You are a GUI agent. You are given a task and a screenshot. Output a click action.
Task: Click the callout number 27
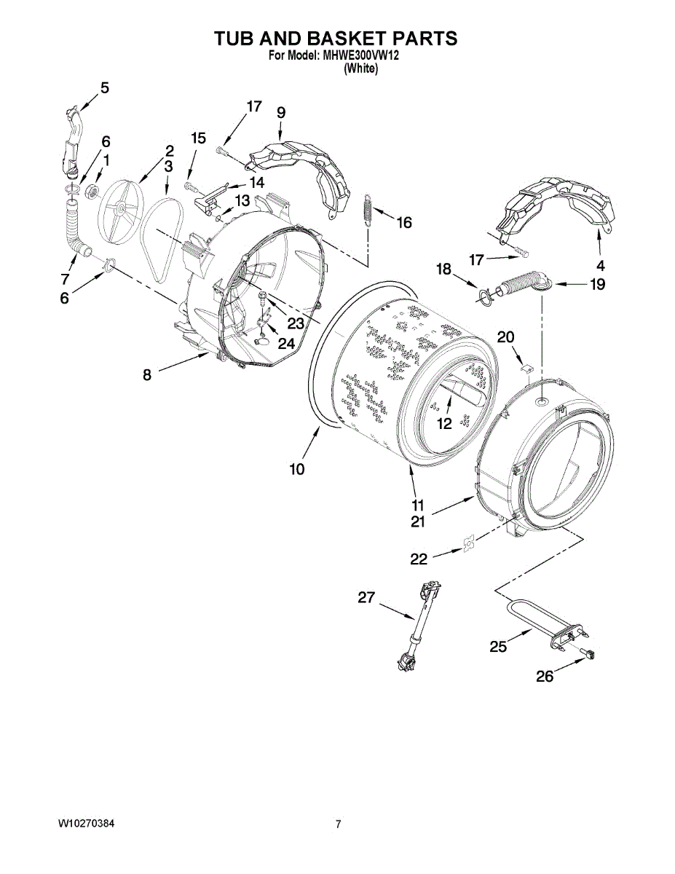click(366, 598)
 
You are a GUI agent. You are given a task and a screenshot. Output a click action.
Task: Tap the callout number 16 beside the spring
click(404, 221)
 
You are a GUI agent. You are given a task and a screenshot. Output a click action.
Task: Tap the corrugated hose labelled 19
click(522, 283)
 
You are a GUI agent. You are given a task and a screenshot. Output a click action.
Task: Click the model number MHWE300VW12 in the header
click(360, 55)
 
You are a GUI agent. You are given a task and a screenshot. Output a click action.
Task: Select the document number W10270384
click(86, 824)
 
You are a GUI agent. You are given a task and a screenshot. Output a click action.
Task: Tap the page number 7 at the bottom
click(338, 824)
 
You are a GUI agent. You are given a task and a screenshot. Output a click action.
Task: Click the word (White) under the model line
click(360, 68)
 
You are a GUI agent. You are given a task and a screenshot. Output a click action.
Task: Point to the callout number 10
click(297, 470)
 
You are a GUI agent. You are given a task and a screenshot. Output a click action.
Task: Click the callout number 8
click(147, 375)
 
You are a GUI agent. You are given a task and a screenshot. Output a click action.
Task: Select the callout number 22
click(419, 559)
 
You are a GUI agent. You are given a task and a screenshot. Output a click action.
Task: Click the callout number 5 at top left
click(105, 88)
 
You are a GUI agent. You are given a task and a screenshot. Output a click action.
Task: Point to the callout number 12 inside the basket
click(443, 422)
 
